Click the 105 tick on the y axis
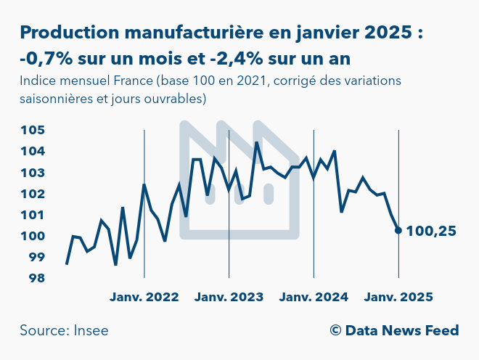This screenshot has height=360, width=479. click(x=33, y=131)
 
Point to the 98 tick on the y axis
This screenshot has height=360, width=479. click(x=33, y=279)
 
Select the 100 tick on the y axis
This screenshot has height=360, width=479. click(x=33, y=237)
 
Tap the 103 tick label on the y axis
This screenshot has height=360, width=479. click(x=33, y=173)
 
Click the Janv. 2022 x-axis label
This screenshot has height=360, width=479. click(x=144, y=297)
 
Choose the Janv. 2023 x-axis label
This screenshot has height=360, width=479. click(x=229, y=297)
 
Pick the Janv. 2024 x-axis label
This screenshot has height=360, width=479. click(x=314, y=297)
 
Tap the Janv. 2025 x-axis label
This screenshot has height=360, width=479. click(x=398, y=297)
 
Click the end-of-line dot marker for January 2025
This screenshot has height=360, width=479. click(x=398, y=231)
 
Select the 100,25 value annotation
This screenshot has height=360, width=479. click(x=431, y=232)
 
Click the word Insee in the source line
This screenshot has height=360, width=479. click(x=91, y=331)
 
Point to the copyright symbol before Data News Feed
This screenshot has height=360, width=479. click(x=335, y=331)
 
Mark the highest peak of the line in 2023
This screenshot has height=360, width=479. click(x=257, y=142)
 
